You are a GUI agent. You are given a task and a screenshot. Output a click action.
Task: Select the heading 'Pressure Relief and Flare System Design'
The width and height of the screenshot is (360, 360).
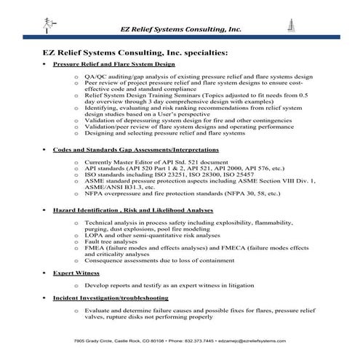click(113, 65)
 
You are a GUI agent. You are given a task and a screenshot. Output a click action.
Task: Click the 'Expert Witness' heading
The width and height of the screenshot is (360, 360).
click(76, 273)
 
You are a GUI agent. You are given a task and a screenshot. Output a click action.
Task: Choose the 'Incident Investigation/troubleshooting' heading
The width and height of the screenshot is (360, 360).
click(111, 298)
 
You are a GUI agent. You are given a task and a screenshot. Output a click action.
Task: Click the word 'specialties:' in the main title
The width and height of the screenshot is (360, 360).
click(204, 52)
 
